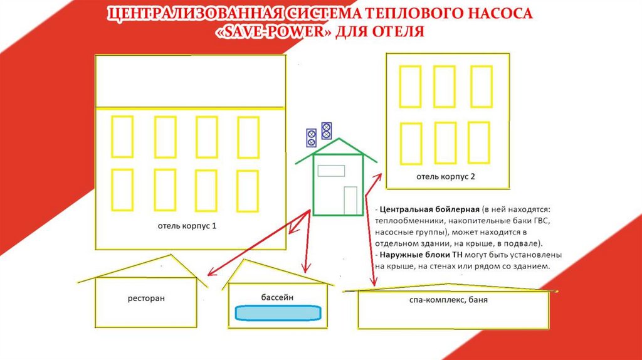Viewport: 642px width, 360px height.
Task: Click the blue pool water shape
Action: (x=278, y=312)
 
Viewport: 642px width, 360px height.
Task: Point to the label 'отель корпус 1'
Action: (x=187, y=225)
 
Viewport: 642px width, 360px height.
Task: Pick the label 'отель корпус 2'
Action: (x=446, y=176)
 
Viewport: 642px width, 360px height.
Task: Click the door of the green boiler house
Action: (x=350, y=200)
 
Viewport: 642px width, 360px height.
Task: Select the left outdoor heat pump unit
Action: (x=311, y=137)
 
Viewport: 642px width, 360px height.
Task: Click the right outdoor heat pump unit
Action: (x=326, y=130)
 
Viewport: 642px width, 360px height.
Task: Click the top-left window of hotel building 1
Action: (x=122, y=137)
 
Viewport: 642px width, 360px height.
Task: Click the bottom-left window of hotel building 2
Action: (x=411, y=144)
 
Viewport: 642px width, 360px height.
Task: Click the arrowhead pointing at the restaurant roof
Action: (x=211, y=273)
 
